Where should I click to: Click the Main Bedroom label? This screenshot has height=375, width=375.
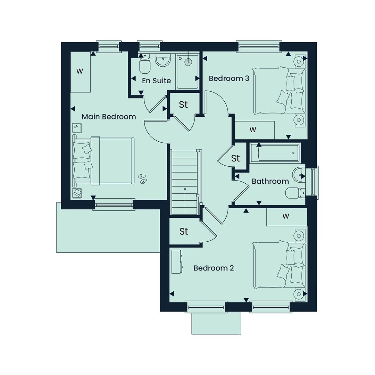pyautogui.click(x=109, y=117)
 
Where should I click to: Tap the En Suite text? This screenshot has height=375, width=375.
pyautogui.click(x=156, y=81)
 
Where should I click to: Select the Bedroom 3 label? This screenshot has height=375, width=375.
pyautogui.click(x=229, y=78)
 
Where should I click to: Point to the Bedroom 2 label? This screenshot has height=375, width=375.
pyautogui.click(x=214, y=268)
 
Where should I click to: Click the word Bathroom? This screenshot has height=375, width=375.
pyautogui.click(x=270, y=181)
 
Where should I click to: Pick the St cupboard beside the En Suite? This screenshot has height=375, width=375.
pyautogui.click(x=183, y=105)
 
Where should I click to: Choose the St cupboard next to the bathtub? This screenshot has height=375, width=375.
pyautogui.click(x=235, y=158)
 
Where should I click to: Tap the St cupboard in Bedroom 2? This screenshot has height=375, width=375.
pyautogui.click(x=184, y=231)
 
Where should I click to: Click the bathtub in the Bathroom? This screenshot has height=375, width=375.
pyautogui.click(x=275, y=153)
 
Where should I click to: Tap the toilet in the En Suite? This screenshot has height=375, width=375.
pyautogui.click(x=144, y=64)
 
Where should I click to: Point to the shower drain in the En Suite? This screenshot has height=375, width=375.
pyautogui.click(x=189, y=61)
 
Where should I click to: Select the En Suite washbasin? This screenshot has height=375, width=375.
pyautogui.click(x=162, y=60)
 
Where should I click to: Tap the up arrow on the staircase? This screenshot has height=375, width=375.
pyautogui.click(x=185, y=201)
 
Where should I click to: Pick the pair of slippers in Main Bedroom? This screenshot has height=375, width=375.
pyautogui.click(x=143, y=179)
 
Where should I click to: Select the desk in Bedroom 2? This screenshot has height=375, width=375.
pyautogui.click(x=177, y=261)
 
